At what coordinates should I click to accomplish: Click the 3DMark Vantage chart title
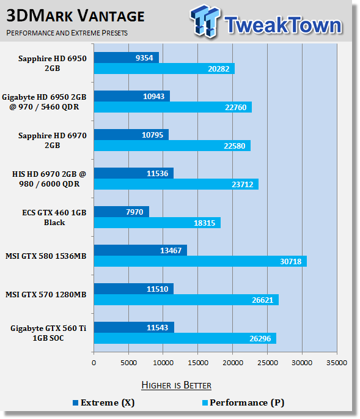[76, 15]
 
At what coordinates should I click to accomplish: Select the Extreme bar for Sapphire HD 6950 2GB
[126, 57]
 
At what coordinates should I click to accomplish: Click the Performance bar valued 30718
[200, 261]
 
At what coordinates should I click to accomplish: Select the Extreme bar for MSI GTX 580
[140, 250]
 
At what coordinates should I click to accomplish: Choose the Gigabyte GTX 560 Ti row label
[48, 333]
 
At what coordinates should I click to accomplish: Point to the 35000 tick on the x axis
[337, 363]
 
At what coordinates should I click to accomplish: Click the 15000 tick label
[197, 363]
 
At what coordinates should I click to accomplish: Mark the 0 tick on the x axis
[94, 363]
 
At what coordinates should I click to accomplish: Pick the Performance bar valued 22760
[172, 107]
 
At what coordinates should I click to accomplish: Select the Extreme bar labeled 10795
[131, 135]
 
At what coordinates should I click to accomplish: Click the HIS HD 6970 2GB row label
[48, 179]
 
